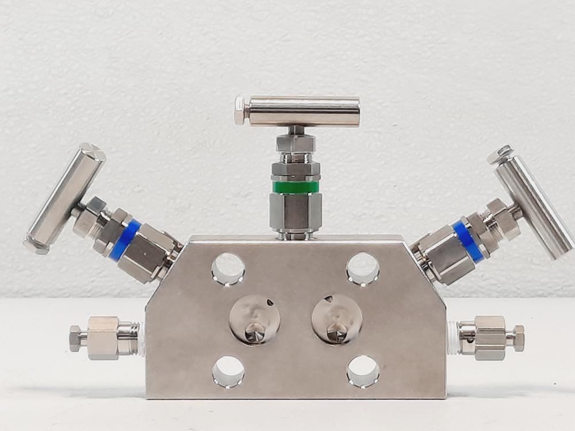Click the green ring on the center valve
click(x=296, y=187)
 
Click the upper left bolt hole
click(x=228, y=269)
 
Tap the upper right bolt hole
click(x=363, y=269)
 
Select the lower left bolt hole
click(x=228, y=371)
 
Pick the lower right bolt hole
click(x=363, y=371)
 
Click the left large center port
click(x=255, y=320)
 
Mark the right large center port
click(x=337, y=320)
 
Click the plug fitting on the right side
click(x=486, y=338)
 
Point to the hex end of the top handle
click(x=240, y=110)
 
